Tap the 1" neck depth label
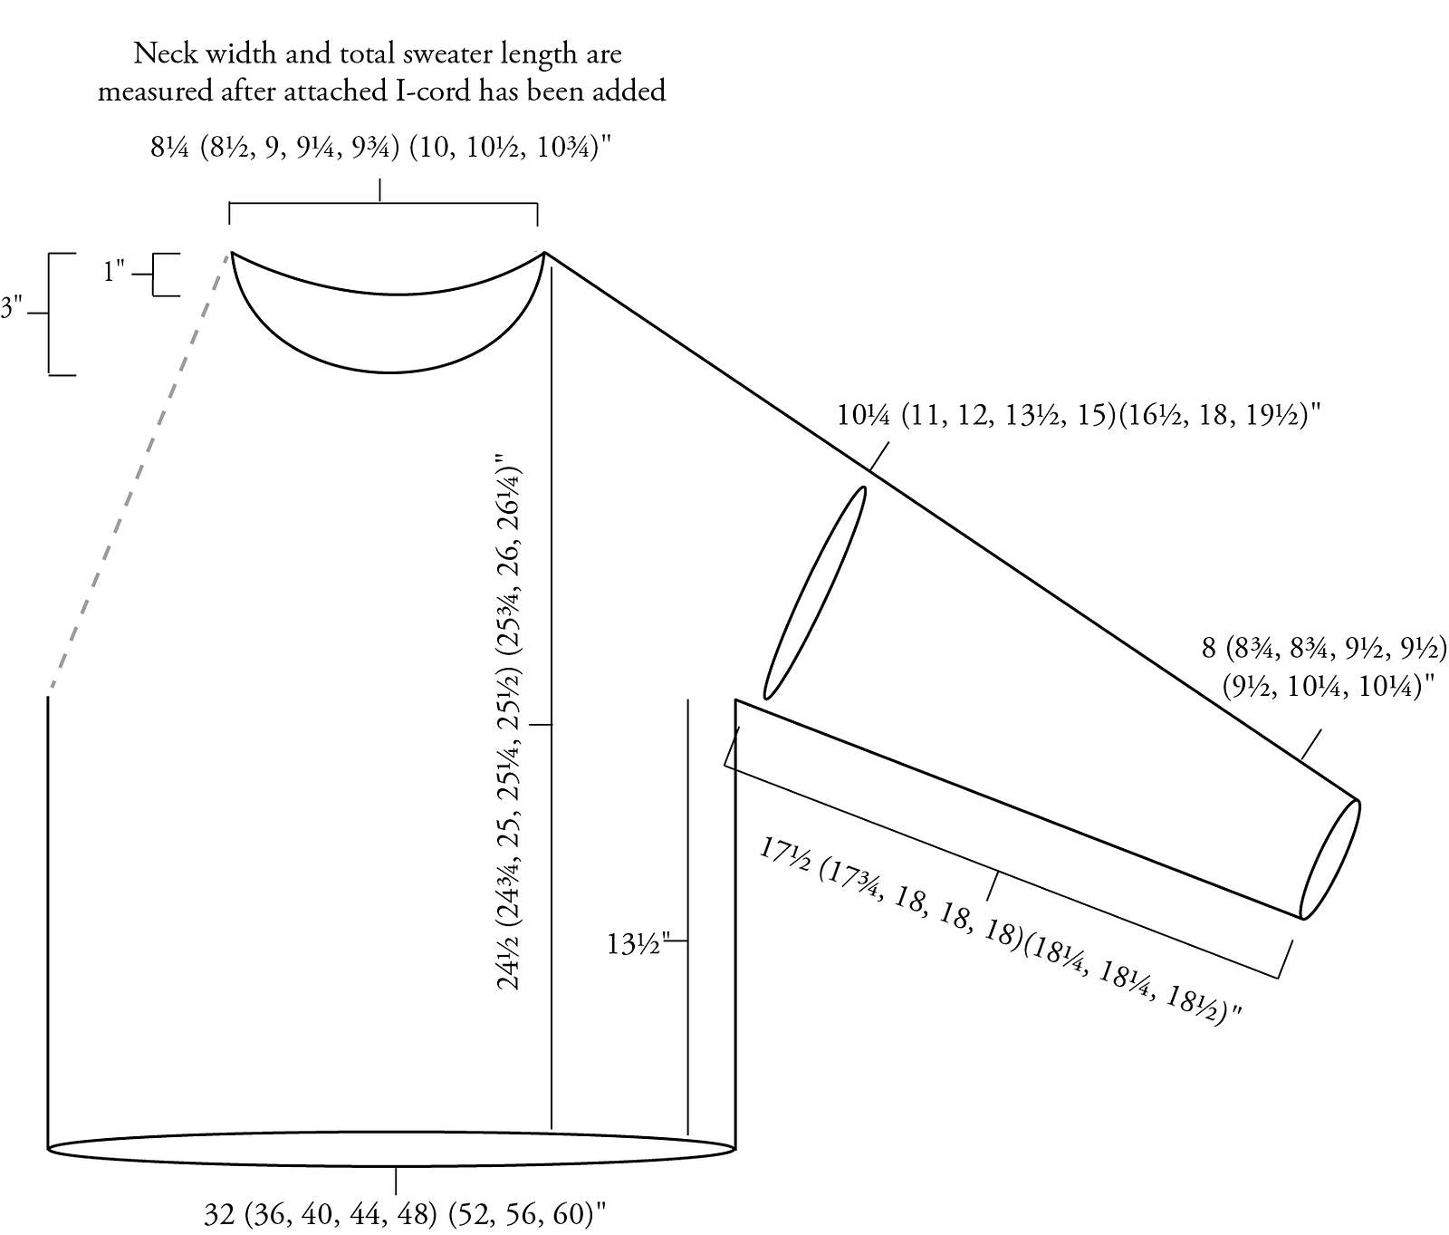click(114, 271)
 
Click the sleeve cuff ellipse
click(1330, 859)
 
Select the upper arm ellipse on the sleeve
click(815, 593)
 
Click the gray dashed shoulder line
click(139, 475)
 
